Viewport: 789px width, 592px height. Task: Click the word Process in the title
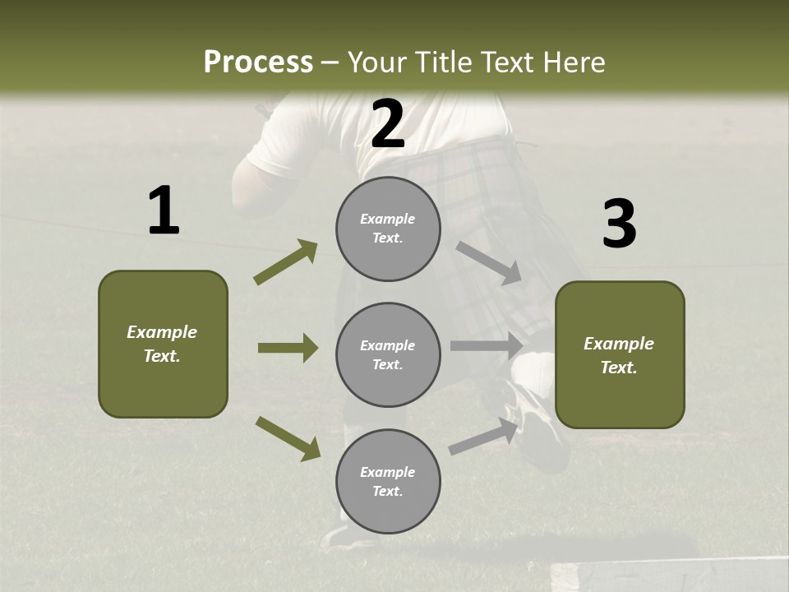258,62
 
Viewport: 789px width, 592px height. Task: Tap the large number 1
164,211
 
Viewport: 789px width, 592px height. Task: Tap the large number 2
388,124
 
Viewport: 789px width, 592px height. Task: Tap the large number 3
619,224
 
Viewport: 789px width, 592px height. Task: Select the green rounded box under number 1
163,344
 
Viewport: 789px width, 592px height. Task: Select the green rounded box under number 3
620,354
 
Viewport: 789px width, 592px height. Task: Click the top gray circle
388,229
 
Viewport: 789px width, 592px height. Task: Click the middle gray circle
388,354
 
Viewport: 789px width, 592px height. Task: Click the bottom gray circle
388,481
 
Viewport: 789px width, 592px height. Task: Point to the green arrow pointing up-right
285,262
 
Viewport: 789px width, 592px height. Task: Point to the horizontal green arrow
288,348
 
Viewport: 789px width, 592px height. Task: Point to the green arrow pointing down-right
288,438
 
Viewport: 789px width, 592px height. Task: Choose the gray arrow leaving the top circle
488,262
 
